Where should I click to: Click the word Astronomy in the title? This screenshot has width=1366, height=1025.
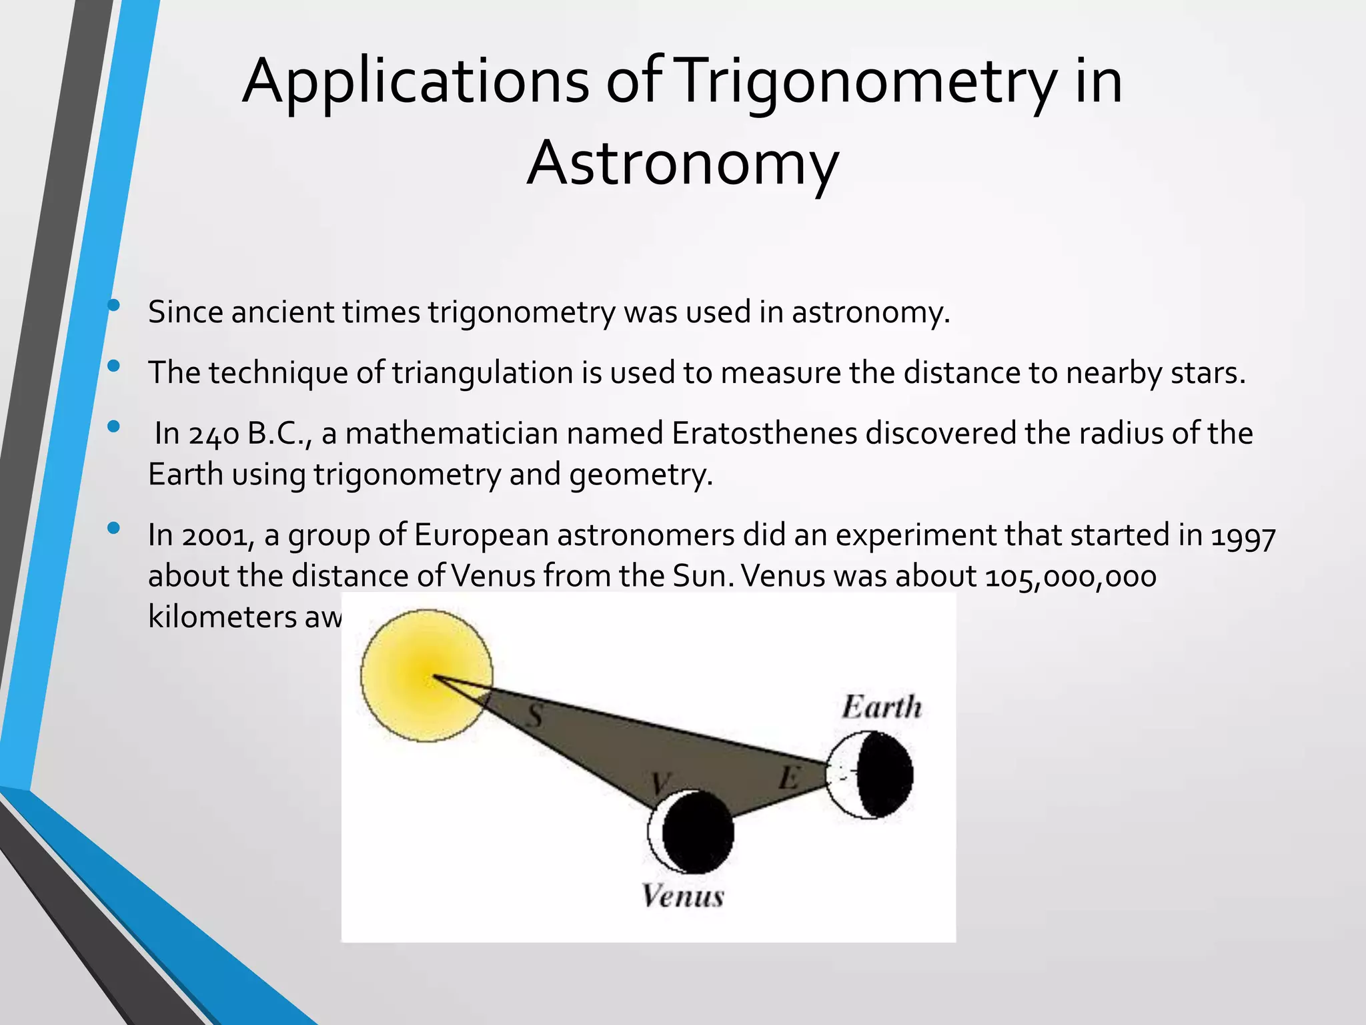pyautogui.click(x=682, y=163)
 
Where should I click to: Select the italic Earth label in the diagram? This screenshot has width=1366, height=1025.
pyautogui.click(x=881, y=707)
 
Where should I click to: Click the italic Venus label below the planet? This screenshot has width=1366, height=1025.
pyautogui.click(x=682, y=896)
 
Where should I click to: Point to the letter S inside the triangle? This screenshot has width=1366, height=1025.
pyautogui.click(x=534, y=716)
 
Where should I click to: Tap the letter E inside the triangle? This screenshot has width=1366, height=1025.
pyautogui.click(x=788, y=778)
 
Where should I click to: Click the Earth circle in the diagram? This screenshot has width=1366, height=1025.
pyautogui.click(x=869, y=774)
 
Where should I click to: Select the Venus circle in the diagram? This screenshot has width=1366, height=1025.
pyautogui.click(x=691, y=832)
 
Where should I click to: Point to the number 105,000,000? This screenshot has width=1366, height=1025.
pyautogui.click(x=1070, y=577)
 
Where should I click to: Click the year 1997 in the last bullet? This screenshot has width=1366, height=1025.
pyautogui.click(x=1243, y=536)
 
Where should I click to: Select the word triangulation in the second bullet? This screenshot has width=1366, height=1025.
pyautogui.click(x=483, y=373)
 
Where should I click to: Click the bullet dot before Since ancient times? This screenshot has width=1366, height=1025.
pyautogui.click(x=113, y=306)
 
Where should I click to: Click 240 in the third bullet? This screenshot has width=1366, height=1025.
pyautogui.click(x=214, y=434)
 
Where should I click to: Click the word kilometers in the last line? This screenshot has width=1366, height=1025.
pyautogui.click(x=221, y=617)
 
